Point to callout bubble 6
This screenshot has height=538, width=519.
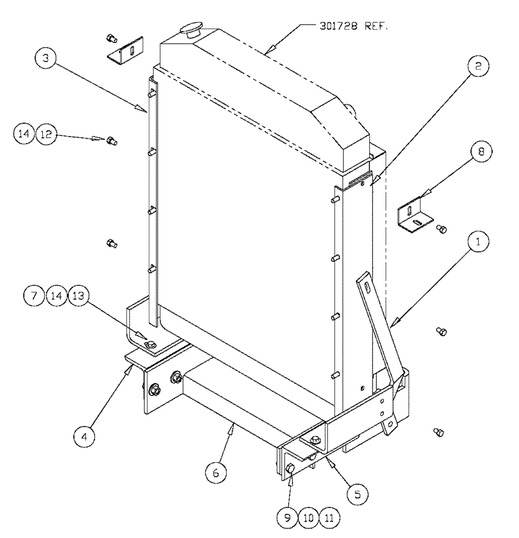click(215, 473)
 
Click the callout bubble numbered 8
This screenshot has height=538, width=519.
click(480, 152)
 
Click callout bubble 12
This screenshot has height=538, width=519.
click(46, 134)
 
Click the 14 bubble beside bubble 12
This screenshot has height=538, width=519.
click(26, 134)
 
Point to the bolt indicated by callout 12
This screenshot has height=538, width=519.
click(112, 141)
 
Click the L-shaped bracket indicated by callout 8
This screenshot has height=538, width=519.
click(415, 218)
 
